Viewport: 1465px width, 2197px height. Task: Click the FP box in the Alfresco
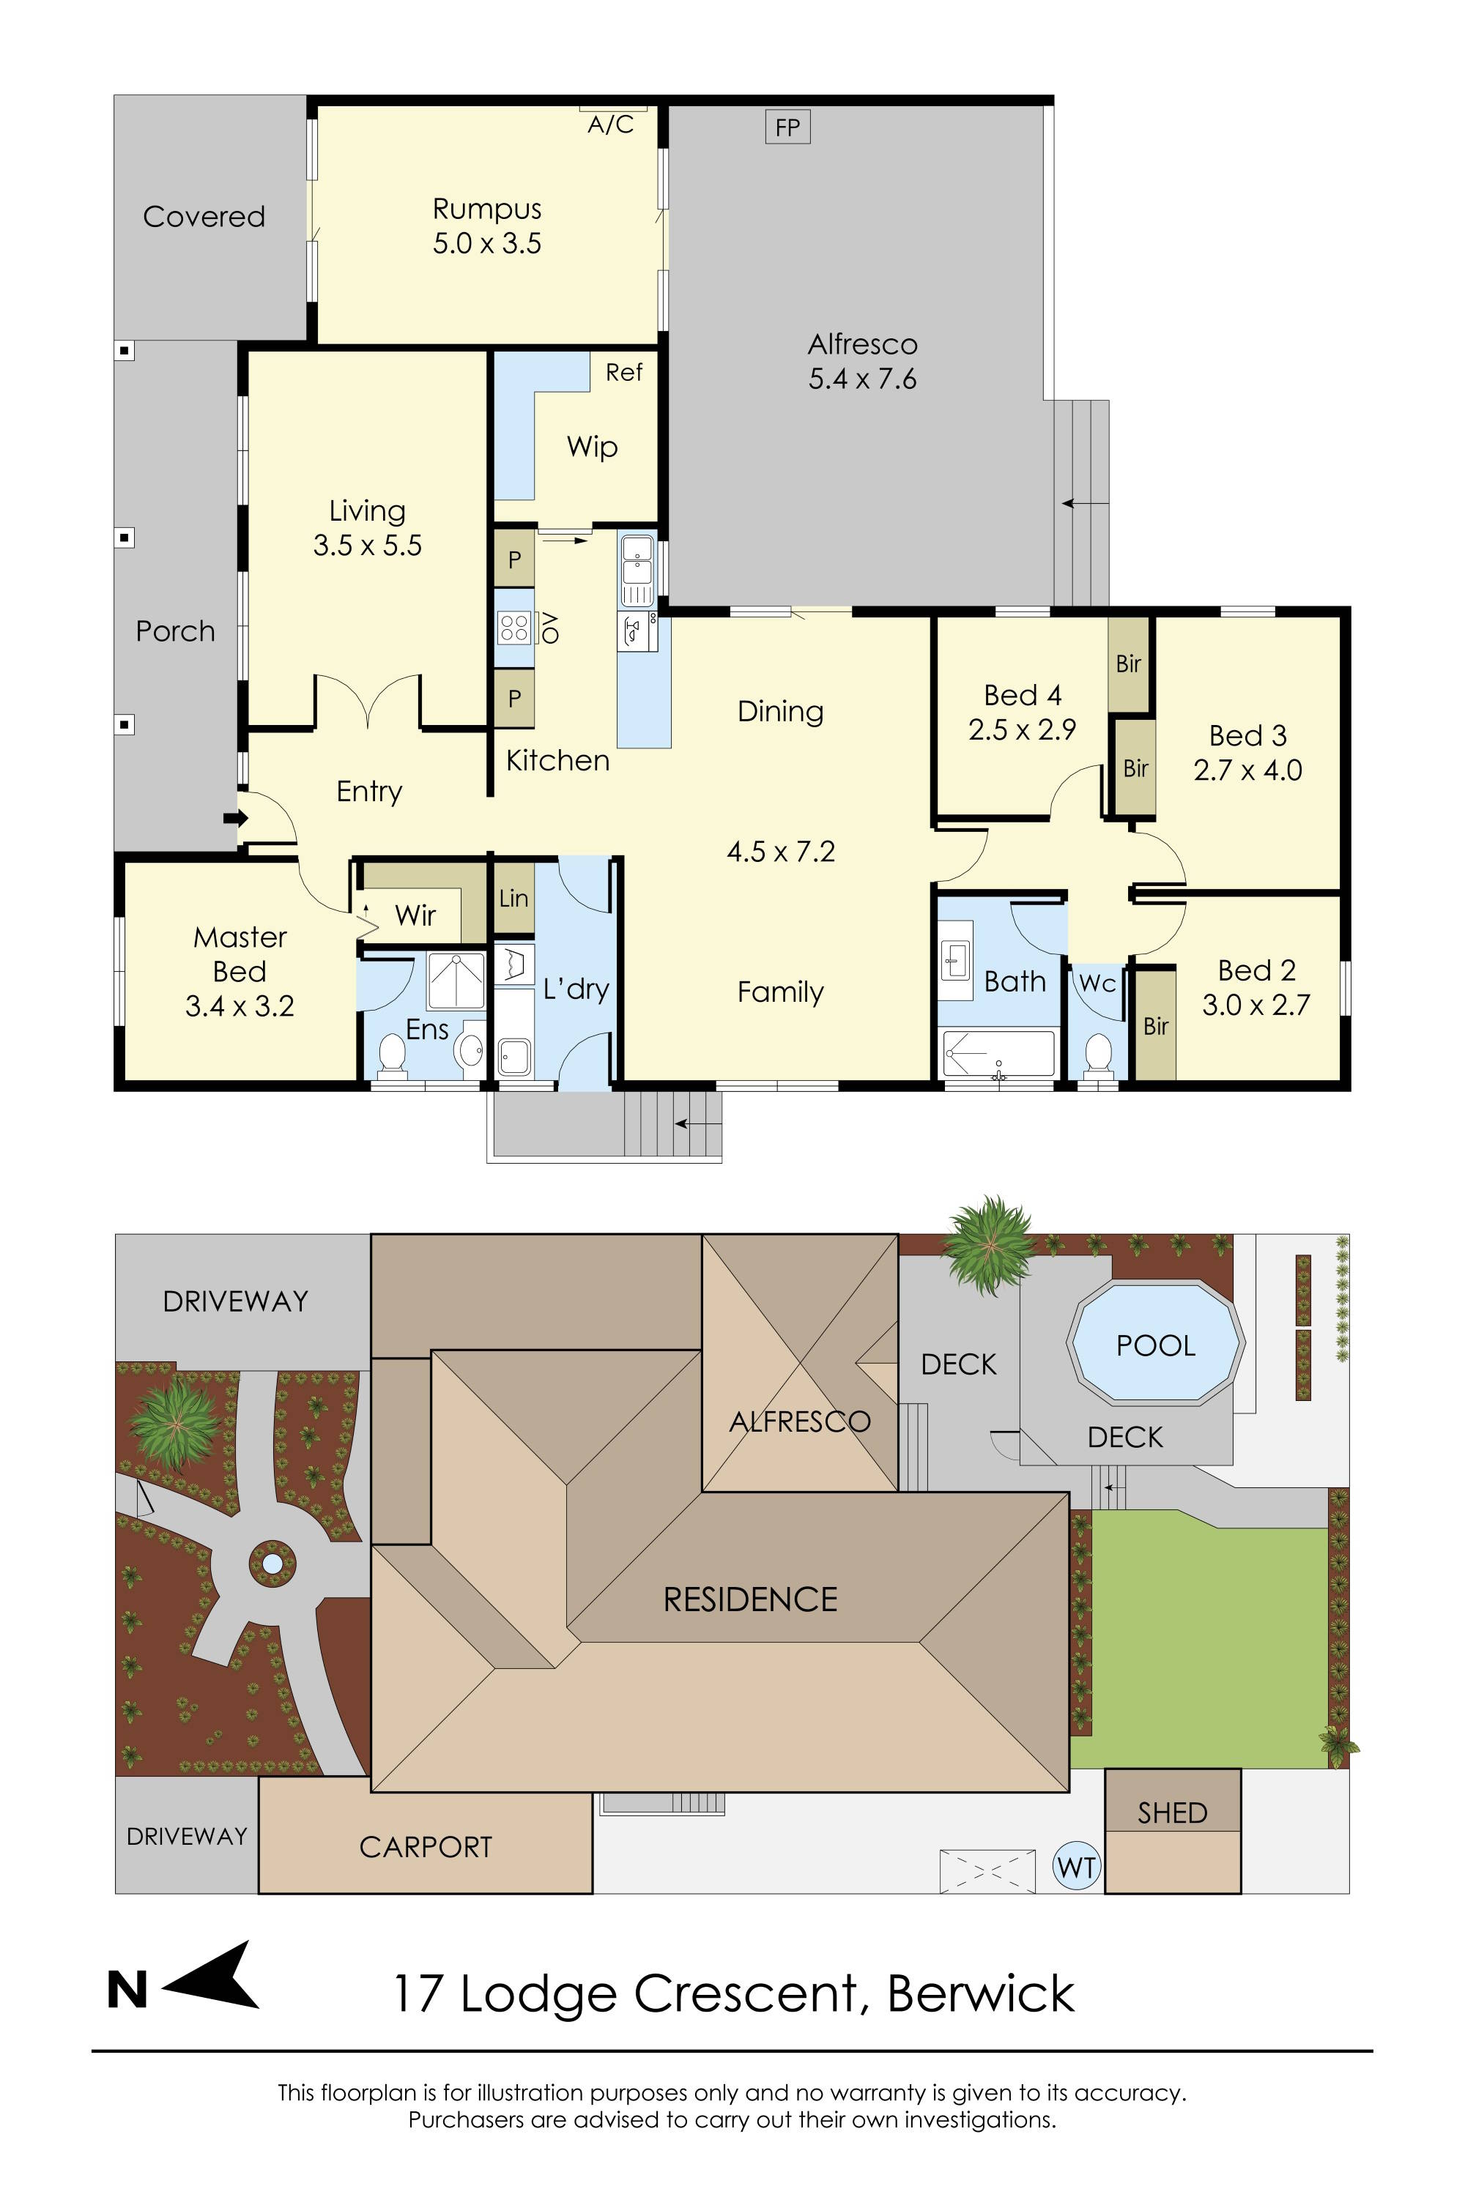pyautogui.click(x=787, y=127)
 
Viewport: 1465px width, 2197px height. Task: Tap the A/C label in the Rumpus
pyautogui.click(x=610, y=124)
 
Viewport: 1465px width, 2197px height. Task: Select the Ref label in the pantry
pyautogui.click(x=624, y=373)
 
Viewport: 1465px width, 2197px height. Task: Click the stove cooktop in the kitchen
pyautogui.click(x=514, y=628)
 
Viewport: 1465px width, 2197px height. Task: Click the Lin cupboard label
pyautogui.click(x=513, y=899)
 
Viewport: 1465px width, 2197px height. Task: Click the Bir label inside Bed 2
pyautogui.click(x=1156, y=1026)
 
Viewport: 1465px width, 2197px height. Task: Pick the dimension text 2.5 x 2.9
pyautogui.click(x=1022, y=729)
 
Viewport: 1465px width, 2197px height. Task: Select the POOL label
pyautogui.click(x=1156, y=1346)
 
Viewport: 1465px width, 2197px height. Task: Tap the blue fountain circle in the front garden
pyautogui.click(x=272, y=1563)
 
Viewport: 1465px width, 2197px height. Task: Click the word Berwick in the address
pyautogui.click(x=980, y=1993)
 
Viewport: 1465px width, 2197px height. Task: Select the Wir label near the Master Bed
pyautogui.click(x=415, y=915)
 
